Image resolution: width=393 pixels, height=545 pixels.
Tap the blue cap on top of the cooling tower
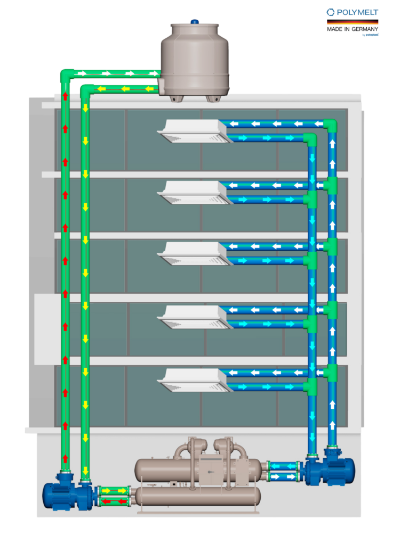[195, 21]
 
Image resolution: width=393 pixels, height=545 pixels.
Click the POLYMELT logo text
[356, 12]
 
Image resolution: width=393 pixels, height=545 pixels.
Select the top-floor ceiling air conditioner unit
[195, 131]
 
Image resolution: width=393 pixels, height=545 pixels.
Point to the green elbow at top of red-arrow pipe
[67, 76]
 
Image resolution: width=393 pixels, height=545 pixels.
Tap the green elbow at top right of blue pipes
[331, 126]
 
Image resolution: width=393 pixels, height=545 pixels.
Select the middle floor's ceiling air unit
[195, 254]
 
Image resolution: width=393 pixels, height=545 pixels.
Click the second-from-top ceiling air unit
[195, 192]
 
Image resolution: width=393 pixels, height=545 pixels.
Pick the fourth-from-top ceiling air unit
[195, 317]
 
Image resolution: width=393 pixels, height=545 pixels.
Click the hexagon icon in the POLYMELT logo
[331, 12]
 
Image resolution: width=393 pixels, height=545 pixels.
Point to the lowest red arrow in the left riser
[66, 458]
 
